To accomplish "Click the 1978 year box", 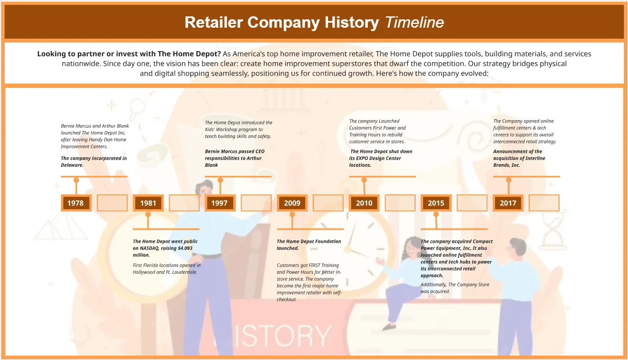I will tap(76, 203).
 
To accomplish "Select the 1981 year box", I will tap(148, 203).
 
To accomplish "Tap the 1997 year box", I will tap(220, 203).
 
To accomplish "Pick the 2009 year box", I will tap(292, 203).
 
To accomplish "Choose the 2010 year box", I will tap(364, 203).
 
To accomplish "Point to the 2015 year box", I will tap(436, 203).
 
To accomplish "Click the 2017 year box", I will tap(508, 203).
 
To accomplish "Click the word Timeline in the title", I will tap(414, 22).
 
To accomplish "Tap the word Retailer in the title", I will tap(213, 22).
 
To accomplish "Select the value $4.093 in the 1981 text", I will tap(185, 248).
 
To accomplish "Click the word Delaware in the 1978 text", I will tap(72, 165).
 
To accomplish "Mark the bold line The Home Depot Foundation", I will tap(309, 242).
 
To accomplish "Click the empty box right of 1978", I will tap(112, 203).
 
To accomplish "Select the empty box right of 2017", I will tap(544, 203).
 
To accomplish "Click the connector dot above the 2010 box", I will tap(364, 180).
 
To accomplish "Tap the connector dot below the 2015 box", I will tap(436, 215).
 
